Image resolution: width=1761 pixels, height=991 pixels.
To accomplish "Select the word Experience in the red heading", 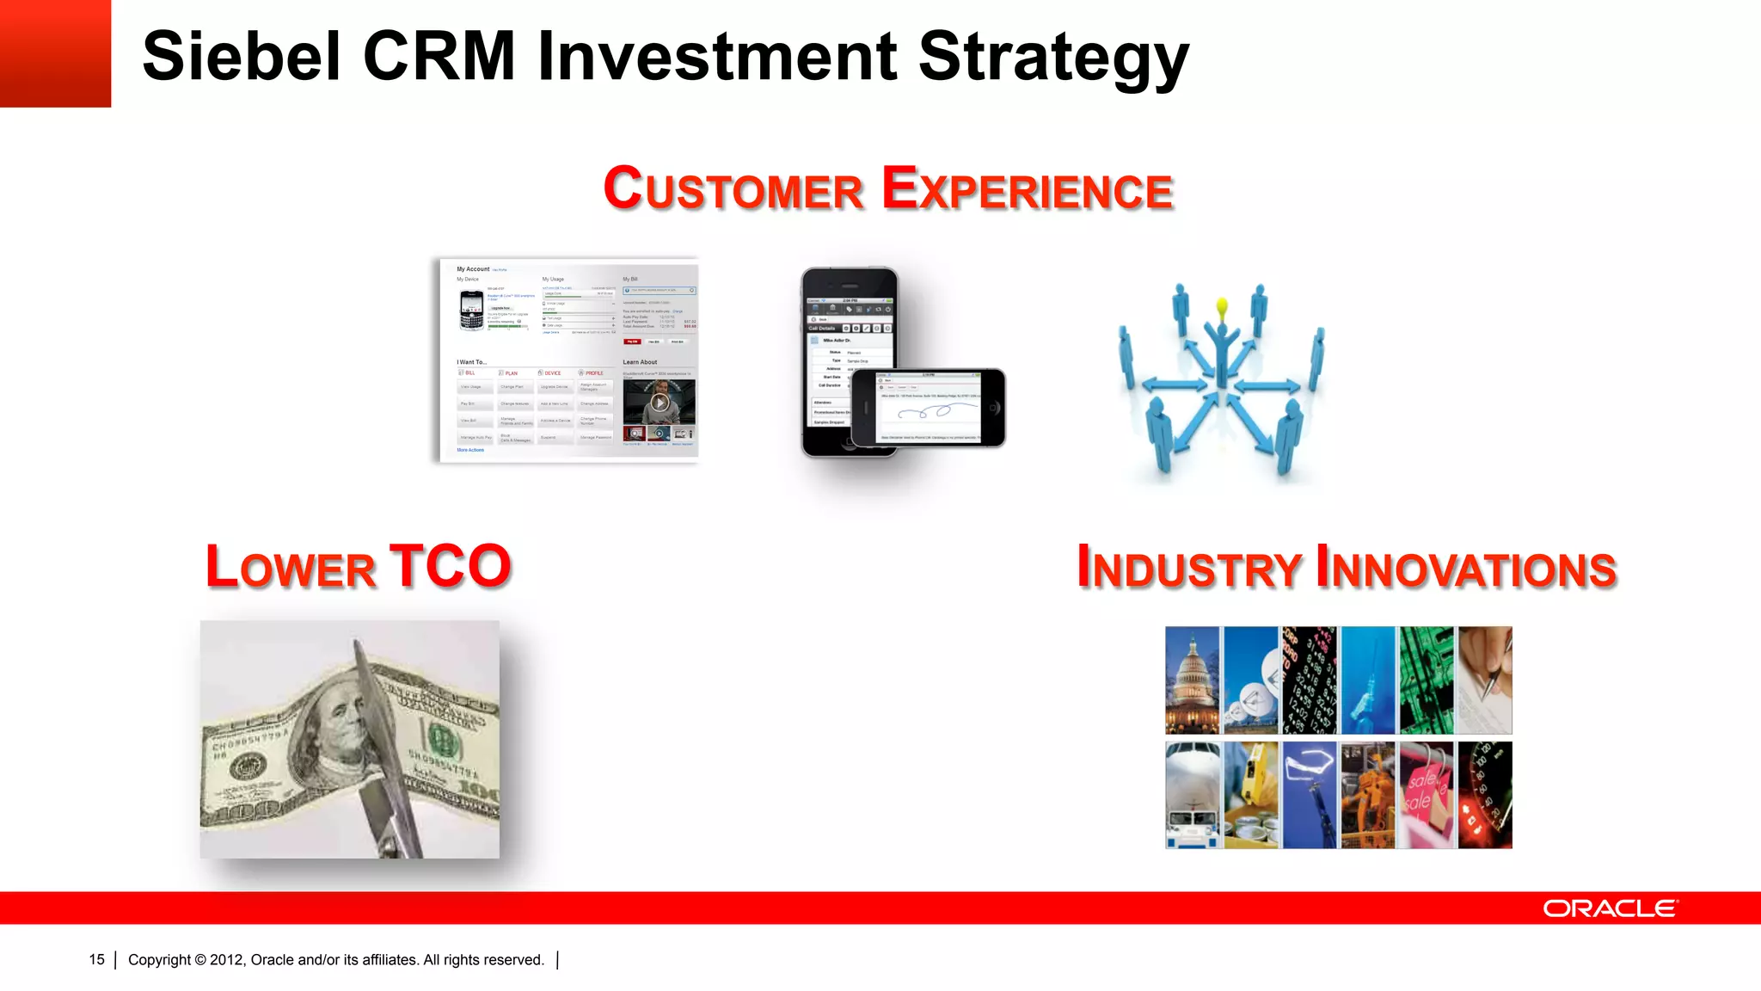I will [1028, 189].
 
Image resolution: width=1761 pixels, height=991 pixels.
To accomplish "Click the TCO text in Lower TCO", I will [451, 567].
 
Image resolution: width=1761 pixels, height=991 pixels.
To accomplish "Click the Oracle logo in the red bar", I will [1609, 908].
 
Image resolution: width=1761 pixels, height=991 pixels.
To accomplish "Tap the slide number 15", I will [96, 960].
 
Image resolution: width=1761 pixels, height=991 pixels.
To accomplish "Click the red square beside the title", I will [55, 53].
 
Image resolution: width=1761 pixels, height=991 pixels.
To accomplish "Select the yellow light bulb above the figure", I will [1222, 308].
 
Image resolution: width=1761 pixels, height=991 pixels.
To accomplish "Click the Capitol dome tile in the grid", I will [1192, 680].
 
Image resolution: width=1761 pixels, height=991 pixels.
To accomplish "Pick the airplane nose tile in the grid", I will [1192, 796].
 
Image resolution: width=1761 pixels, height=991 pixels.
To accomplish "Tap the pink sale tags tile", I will [1426, 796].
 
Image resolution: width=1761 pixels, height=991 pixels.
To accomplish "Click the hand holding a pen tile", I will [1485, 680].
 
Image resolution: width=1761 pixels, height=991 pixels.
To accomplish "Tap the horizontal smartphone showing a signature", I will [928, 408].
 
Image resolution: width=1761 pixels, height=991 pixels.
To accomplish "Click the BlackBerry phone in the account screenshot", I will [471, 311].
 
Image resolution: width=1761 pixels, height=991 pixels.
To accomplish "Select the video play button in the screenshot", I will [660, 403].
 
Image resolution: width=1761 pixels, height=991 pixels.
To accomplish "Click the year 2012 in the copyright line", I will [226, 960].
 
